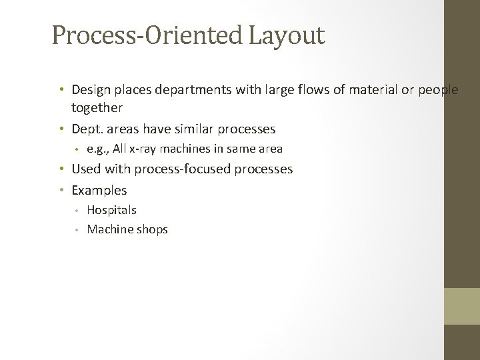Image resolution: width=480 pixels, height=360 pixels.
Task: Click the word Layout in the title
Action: [x=287, y=35]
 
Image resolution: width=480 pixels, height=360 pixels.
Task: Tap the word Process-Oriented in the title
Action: [x=148, y=35]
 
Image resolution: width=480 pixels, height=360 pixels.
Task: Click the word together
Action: [x=97, y=107]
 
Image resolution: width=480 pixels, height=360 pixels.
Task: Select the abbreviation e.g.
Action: [x=97, y=149]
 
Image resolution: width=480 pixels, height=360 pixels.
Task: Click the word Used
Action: [x=86, y=169]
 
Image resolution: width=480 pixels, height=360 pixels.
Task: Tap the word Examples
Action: [x=99, y=190]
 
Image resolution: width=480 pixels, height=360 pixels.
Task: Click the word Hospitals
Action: [x=111, y=210]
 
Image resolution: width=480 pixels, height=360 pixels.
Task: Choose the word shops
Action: [x=152, y=230]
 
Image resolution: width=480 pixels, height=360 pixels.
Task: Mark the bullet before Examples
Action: [x=61, y=190]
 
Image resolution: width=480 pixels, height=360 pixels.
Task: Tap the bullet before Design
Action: [x=61, y=89]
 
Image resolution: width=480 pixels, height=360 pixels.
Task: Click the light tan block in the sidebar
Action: [x=462, y=306]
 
